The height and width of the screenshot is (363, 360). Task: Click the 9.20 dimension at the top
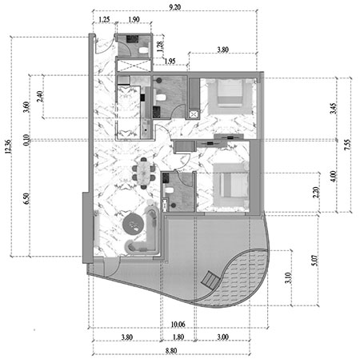pos(175,7)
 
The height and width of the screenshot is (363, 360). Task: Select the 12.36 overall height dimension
pos(8,146)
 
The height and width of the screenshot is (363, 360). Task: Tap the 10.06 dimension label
pos(178,325)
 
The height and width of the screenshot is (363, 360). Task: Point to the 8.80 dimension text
pos(171,350)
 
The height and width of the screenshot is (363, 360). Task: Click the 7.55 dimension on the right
pos(347,145)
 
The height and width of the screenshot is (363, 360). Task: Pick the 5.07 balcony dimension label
pos(314,261)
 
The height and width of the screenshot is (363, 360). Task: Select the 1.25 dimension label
pos(104,19)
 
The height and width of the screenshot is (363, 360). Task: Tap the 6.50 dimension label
pos(26,198)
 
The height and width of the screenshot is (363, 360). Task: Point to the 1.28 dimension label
pos(160,46)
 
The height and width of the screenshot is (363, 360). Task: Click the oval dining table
pos(144,174)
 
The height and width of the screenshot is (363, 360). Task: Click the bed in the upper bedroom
pos(230,93)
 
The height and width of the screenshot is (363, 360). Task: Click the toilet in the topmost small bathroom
pos(143,50)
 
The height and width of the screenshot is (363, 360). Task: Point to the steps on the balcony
pos(210,280)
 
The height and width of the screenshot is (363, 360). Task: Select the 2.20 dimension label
pos(316,193)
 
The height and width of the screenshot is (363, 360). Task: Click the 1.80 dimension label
pos(178,337)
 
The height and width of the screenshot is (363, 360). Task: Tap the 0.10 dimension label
pos(26,140)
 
